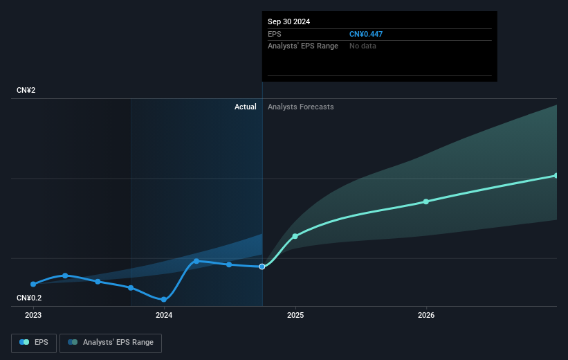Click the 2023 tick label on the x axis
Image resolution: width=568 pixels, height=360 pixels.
tap(33, 315)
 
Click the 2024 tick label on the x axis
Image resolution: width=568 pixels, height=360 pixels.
tap(164, 315)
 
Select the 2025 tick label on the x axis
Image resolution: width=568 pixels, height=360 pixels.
tap(295, 315)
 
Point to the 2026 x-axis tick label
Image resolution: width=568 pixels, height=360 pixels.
tap(426, 315)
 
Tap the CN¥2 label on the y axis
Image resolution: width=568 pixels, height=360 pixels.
tap(27, 91)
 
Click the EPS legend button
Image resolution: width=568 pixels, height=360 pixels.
tap(34, 343)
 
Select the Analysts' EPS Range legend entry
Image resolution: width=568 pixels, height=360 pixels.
tap(111, 343)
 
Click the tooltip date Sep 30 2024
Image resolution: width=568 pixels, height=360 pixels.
tap(289, 21)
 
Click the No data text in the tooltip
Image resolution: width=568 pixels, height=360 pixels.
tap(363, 46)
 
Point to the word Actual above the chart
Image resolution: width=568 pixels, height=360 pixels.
tap(245, 107)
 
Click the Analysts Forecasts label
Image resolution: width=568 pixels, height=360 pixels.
tap(300, 107)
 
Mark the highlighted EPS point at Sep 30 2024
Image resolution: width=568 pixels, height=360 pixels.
tap(262, 267)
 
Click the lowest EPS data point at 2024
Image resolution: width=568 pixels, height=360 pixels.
tap(164, 300)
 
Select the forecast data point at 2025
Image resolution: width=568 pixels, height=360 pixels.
tap(295, 236)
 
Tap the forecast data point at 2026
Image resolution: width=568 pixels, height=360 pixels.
tap(426, 201)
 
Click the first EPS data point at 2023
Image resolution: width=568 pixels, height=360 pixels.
tap(33, 284)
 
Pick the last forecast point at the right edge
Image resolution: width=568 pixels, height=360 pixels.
tap(556, 175)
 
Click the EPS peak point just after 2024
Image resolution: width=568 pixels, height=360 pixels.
tap(196, 261)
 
